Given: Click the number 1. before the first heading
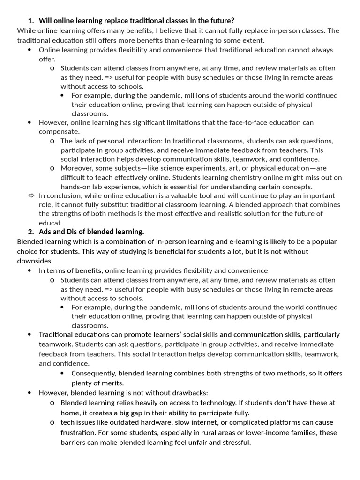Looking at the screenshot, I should pyautogui.click(x=31, y=21).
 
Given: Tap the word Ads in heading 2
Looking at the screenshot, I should pyautogui.click(x=45, y=232).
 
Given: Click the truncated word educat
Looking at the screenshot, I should pyautogui.click(x=50, y=223).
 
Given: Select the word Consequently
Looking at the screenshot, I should pyautogui.click(x=93, y=373).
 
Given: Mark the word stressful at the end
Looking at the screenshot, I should pyautogui.click(x=236, y=442).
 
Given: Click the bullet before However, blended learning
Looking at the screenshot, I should pyautogui.click(x=30, y=392).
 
